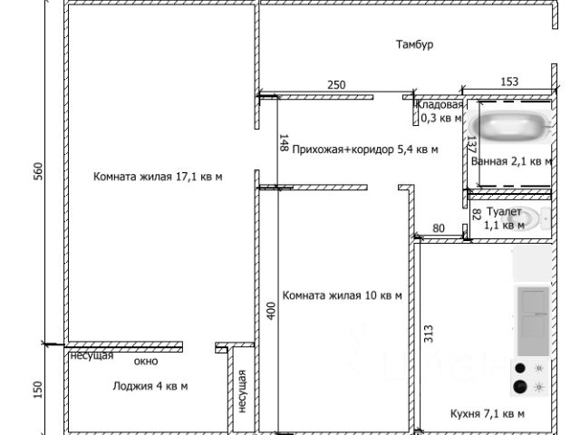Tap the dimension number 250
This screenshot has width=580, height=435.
point(336,84)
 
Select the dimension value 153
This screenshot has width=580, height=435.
point(508,82)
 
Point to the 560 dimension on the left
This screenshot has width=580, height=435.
point(38,172)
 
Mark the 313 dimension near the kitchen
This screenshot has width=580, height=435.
point(427,335)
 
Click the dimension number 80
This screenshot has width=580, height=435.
point(439,228)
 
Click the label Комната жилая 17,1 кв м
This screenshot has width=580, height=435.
point(158,177)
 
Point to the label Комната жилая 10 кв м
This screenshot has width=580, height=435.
point(343,295)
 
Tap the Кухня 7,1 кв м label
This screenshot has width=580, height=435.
point(487,413)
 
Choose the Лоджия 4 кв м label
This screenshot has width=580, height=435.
point(150,386)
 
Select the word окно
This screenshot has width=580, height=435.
point(146,362)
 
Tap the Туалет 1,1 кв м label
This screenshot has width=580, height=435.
point(503,217)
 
